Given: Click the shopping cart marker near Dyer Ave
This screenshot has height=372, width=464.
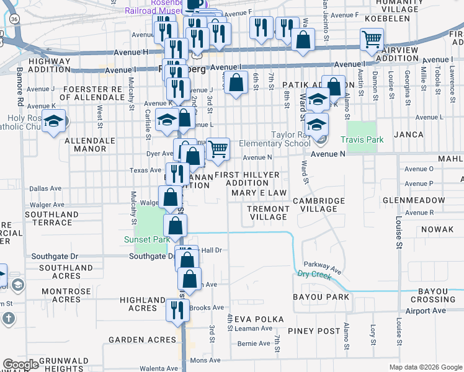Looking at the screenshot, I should (x=218, y=149).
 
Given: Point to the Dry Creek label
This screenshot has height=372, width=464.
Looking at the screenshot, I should (x=313, y=273).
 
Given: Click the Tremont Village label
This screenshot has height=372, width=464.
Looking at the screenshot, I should (x=267, y=213).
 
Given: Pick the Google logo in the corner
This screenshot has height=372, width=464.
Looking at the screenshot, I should (x=21, y=364).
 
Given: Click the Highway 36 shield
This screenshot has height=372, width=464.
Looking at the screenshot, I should (x=14, y=19).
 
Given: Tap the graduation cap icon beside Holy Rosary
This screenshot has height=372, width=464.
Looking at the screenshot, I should (x=54, y=120).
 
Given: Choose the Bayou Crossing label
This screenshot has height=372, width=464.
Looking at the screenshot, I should (x=441, y=295).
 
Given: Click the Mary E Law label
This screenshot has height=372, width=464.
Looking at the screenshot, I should (x=259, y=193).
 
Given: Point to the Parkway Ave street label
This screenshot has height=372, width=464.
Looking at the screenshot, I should (x=323, y=267).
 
